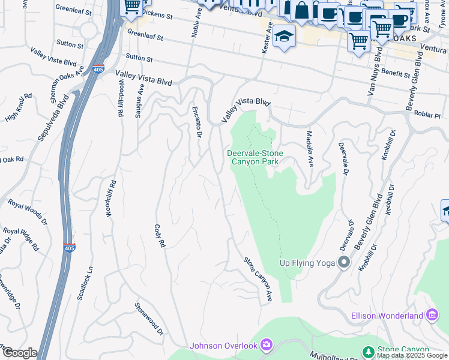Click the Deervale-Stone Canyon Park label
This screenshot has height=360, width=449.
point(255,157)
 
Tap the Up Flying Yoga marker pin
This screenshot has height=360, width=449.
point(344,262)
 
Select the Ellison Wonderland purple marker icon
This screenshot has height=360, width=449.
point(432,315)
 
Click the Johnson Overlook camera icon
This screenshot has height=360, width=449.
point(267,345)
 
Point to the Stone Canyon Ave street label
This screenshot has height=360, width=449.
point(258,280)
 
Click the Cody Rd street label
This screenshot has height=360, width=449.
point(159,236)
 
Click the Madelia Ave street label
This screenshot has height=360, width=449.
point(310,149)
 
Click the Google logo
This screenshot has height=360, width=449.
point(20,353)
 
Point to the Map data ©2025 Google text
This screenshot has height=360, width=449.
point(412,355)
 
